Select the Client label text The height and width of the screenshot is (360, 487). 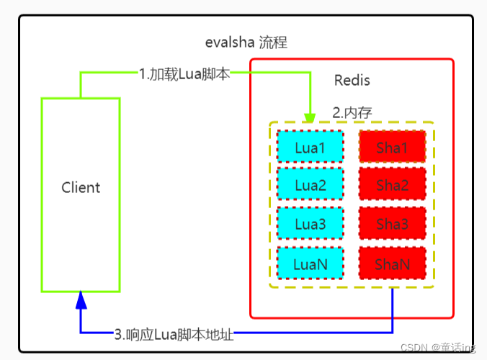coord(81,188)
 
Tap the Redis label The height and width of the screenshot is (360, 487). coord(352,80)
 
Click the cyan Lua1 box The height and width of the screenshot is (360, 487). coord(310,147)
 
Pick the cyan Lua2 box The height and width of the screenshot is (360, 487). coord(310,186)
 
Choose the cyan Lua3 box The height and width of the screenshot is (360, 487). coord(310,225)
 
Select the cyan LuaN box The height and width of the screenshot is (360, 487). coord(310,264)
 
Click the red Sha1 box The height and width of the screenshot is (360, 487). coord(392,147)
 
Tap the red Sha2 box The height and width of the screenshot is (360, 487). coord(392,186)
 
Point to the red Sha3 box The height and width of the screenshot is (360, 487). coord(392,225)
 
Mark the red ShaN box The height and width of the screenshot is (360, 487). coord(392,264)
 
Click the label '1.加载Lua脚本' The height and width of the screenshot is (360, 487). coord(184,73)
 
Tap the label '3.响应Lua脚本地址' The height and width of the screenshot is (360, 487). coord(175,334)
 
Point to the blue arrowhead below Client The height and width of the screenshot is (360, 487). coord(81,299)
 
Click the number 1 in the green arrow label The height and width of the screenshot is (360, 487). coord(142,73)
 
